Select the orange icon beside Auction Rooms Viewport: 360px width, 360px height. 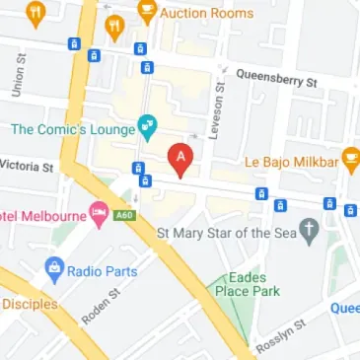pos(147,13)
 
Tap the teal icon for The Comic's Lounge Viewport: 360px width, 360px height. pos(147,126)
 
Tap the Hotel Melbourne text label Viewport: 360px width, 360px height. pos(39,214)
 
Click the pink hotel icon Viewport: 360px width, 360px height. pos(99,213)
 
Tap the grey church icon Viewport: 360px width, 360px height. pos(311,233)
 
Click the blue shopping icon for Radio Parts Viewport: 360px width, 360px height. pos(54,267)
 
